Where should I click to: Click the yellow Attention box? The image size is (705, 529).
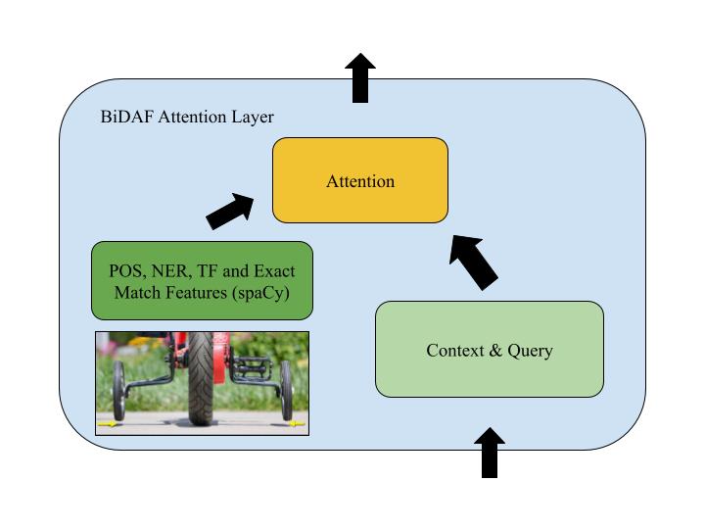click(x=359, y=180)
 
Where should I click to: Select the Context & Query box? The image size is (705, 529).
click(x=490, y=350)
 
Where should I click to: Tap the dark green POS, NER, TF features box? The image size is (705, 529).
click(x=203, y=280)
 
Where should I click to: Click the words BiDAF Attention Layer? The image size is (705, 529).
click(x=187, y=117)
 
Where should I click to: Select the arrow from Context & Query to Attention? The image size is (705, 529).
click(x=475, y=260)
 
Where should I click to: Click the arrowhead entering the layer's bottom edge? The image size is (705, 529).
click(x=490, y=437)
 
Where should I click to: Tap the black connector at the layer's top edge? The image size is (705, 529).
click(x=360, y=91)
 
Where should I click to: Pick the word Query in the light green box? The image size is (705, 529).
click(x=530, y=351)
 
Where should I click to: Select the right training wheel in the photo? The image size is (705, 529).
click(x=288, y=391)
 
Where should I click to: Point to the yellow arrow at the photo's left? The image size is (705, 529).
click(x=110, y=425)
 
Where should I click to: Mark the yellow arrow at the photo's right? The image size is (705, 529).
click(x=296, y=425)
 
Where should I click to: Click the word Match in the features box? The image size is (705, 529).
click(x=137, y=292)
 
